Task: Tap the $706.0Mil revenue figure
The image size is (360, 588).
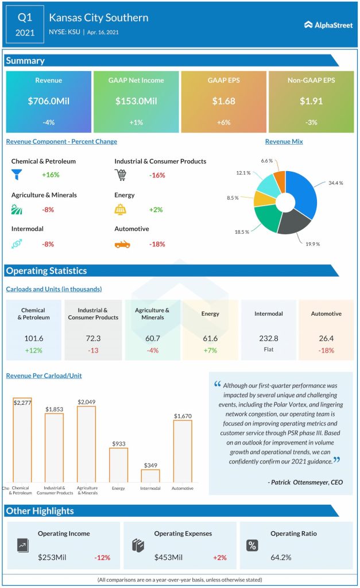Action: pos(48,101)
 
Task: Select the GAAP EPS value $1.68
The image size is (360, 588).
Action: pos(223,101)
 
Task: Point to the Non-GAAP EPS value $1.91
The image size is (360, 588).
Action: pos(311,101)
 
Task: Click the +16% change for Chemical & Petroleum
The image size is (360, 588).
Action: pos(51,175)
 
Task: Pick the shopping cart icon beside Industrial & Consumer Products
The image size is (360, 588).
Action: pos(121,175)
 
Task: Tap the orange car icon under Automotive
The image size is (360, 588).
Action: pos(122,243)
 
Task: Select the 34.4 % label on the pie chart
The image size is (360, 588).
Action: pos(335,183)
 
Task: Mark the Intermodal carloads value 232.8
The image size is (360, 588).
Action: pos(268,339)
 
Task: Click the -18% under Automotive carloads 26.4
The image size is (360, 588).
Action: pos(326,350)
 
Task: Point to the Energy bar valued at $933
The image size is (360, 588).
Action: pos(118,465)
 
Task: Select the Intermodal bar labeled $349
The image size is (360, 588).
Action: pos(150,475)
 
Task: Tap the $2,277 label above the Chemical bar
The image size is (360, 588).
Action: pos(22,403)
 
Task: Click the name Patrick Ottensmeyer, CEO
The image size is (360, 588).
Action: pos(305,482)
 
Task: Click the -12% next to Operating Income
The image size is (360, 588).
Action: pos(102,557)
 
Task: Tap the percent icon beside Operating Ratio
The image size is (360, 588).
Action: pos(252,546)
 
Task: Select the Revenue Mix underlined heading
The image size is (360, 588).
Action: pos(284,141)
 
